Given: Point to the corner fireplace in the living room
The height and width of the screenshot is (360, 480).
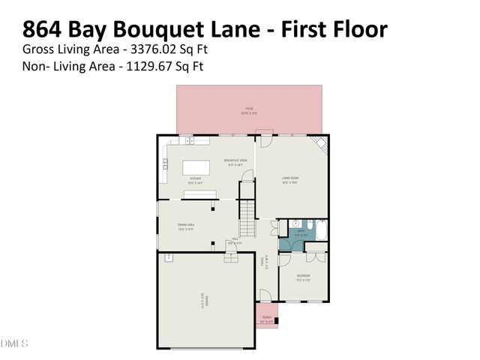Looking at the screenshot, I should tap(321, 145).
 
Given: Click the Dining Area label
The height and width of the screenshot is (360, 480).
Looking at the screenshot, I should tap(187, 226).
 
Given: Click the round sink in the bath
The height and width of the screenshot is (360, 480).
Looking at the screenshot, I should tap(296, 223).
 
